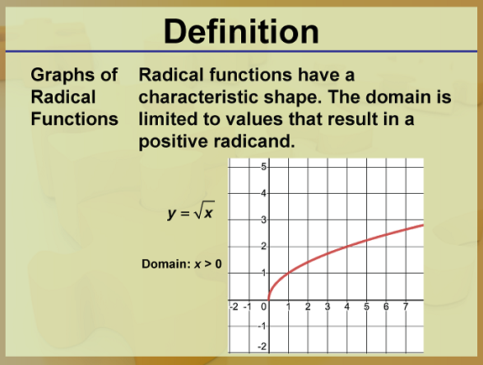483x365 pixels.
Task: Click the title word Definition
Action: [241, 32]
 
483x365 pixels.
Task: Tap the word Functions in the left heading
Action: [75, 119]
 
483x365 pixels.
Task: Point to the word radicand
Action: [255, 141]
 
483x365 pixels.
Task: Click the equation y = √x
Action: [191, 211]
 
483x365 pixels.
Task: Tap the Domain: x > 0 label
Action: [181, 264]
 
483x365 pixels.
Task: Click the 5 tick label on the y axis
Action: [264, 167]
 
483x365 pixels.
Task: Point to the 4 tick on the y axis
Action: [264, 194]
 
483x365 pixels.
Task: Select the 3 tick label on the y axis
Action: [264, 220]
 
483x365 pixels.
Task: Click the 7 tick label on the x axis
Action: [406, 306]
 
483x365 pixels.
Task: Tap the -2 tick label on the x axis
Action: [234, 306]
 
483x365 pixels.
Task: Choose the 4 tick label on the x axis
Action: [347, 306]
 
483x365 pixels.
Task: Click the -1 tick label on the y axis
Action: [262, 326]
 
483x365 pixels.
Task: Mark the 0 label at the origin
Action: [264, 307]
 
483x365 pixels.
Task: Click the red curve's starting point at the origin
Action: [269, 300]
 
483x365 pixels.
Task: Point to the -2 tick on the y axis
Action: [262, 347]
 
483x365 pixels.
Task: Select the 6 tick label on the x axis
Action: [386, 306]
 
